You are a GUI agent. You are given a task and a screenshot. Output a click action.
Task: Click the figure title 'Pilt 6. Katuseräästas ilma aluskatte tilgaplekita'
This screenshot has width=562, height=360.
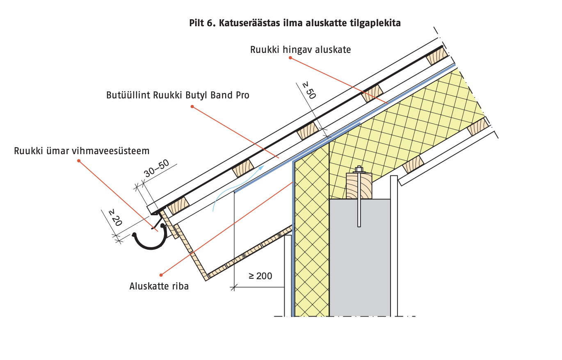295,23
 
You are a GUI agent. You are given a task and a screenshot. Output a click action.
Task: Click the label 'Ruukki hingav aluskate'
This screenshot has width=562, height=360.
300,50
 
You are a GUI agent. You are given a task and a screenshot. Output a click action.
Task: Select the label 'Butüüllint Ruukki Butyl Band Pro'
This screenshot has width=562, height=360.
178,95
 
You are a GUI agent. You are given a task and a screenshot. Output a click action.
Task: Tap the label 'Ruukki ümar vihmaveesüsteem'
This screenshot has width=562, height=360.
82,150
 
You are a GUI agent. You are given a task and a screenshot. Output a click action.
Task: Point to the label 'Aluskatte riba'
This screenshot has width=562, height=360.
159,286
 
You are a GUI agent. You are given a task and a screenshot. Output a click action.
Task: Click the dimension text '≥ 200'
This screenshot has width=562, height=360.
260,276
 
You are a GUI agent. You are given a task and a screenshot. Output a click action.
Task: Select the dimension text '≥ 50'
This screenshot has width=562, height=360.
309,90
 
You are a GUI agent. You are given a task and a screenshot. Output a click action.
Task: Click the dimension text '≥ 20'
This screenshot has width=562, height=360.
115,218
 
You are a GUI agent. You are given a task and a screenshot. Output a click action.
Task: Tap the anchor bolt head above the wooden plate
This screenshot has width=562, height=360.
359,169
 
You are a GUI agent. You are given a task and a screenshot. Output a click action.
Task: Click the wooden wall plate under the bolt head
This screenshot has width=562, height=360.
359,186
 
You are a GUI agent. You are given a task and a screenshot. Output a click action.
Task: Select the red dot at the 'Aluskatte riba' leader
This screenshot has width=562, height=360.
161,275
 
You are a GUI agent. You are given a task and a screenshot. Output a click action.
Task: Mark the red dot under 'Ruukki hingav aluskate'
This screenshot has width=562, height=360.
290,58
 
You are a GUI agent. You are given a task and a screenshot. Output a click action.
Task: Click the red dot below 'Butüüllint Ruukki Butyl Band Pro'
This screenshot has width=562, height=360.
192,107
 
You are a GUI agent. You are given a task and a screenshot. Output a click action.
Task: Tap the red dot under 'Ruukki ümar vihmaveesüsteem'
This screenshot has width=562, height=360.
79,160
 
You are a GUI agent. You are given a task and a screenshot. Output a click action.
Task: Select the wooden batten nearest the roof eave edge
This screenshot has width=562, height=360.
178,205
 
